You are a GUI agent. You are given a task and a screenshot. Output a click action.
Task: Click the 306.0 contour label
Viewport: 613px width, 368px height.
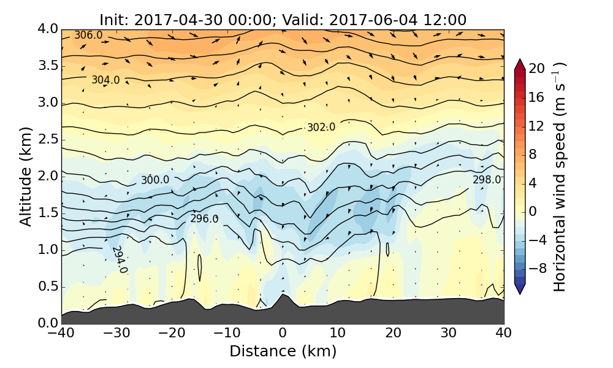(88, 36)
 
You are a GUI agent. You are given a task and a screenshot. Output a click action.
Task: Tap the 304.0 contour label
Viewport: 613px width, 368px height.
(105, 80)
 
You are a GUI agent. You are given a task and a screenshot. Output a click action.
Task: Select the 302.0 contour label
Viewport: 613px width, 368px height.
(321, 128)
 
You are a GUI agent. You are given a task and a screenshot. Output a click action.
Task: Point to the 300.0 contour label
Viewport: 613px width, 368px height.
(155, 180)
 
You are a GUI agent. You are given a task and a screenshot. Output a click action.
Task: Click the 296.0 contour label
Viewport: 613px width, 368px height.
(204, 219)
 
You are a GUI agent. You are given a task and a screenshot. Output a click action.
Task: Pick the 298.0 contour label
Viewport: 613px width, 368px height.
(487, 180)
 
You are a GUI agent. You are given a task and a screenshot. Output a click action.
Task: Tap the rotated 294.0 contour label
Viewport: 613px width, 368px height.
(119, 260)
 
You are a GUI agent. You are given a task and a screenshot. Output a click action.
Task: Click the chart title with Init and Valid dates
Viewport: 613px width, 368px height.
(283, 20)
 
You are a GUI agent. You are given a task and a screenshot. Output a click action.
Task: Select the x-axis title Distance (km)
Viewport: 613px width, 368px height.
(283, 351)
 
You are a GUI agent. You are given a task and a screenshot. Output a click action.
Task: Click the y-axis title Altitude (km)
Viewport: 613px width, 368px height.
(26, 177)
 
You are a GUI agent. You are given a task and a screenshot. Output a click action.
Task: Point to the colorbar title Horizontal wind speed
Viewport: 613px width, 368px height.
(560, 177)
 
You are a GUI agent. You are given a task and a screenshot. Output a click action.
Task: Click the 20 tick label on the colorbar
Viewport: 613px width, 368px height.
(537, 69)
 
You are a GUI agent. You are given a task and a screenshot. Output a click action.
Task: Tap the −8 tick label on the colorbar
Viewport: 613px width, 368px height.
(537, 269)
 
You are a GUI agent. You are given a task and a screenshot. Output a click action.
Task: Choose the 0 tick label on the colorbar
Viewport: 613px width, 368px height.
(533, 212)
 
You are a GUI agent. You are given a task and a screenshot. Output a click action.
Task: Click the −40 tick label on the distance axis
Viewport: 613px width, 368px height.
(61, 333)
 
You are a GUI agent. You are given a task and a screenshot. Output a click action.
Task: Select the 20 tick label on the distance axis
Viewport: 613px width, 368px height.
(393, 333)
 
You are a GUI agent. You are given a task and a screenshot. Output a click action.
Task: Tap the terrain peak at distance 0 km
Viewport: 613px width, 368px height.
(283, 296)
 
